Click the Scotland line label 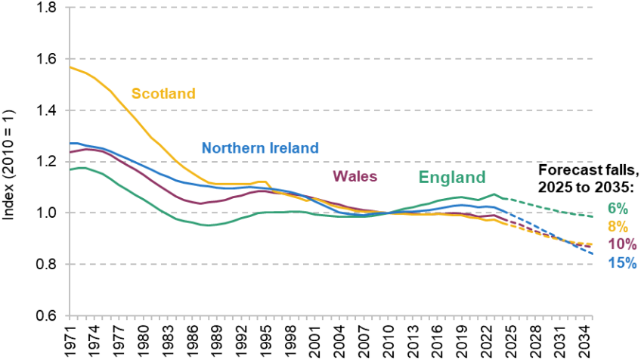163,94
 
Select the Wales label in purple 355,176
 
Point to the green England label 452,178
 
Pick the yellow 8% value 617,227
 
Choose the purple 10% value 621,244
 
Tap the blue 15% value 621,263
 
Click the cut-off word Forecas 565,170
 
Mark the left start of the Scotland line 70,67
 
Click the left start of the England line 70,169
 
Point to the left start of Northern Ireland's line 70,143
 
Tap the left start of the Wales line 70,152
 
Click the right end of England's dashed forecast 592,216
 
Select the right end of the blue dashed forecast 592,253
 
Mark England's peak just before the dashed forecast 495,194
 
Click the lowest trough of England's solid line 206,225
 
